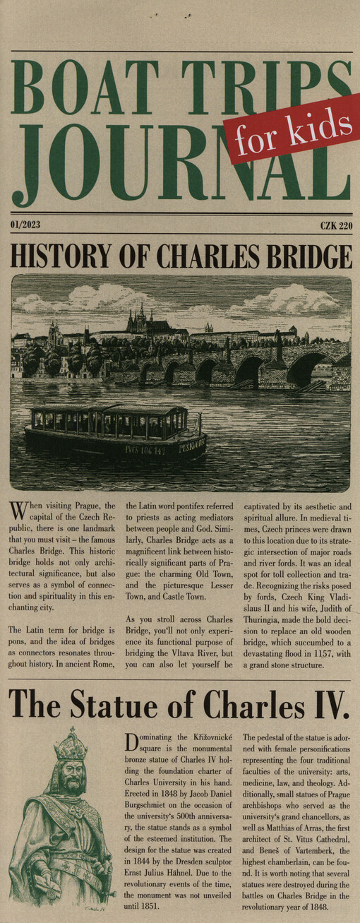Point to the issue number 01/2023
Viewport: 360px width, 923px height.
(25, 225)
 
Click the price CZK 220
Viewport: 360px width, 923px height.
(335, 225)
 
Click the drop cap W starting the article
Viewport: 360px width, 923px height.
(18, 511)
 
